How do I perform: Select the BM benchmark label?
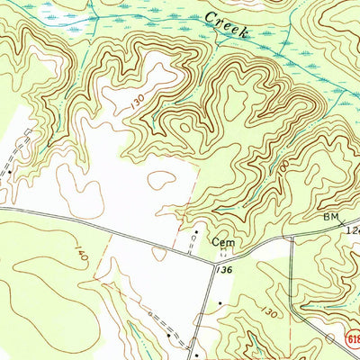(330, 219)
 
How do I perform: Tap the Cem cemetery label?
(222, 242)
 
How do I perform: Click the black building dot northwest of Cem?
(195, 232)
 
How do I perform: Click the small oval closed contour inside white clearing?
(163, 181)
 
